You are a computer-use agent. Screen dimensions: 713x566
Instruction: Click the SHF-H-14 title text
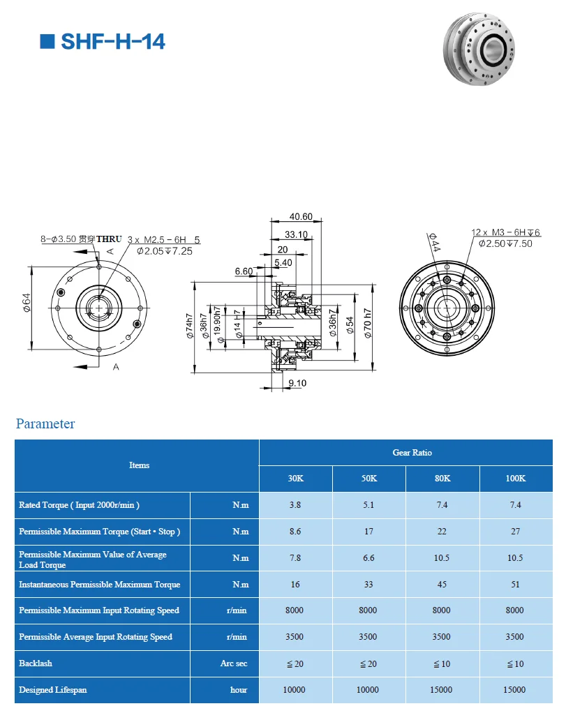pos(112,42)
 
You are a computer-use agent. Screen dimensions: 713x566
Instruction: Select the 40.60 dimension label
pos(300,217)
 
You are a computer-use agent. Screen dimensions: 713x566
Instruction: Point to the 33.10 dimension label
pos(296,234)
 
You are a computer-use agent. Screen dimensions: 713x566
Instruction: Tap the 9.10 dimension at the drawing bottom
pos(297,383)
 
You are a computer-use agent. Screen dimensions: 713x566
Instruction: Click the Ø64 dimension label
pos(27,303)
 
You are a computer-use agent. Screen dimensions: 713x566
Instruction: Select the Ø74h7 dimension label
pos(189,325)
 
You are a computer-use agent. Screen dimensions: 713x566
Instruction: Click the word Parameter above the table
pos(45,423)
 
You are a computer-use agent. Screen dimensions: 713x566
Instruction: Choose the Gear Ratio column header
pos(412,453)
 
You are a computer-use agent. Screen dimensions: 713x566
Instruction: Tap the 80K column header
pos(442,479)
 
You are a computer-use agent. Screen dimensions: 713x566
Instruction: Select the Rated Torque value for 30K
pos(295,505)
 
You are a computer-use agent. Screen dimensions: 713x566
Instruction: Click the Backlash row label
pos(36,663)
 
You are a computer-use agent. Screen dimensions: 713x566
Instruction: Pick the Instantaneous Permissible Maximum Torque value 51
pos(514,585)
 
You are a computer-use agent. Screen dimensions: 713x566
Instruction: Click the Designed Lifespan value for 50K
pos(368,690)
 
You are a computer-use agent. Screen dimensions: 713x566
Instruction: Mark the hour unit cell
pos(239,690)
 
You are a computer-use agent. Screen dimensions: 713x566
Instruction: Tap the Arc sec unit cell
pos(234,663)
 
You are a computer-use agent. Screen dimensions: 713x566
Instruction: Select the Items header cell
pos(139,465)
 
